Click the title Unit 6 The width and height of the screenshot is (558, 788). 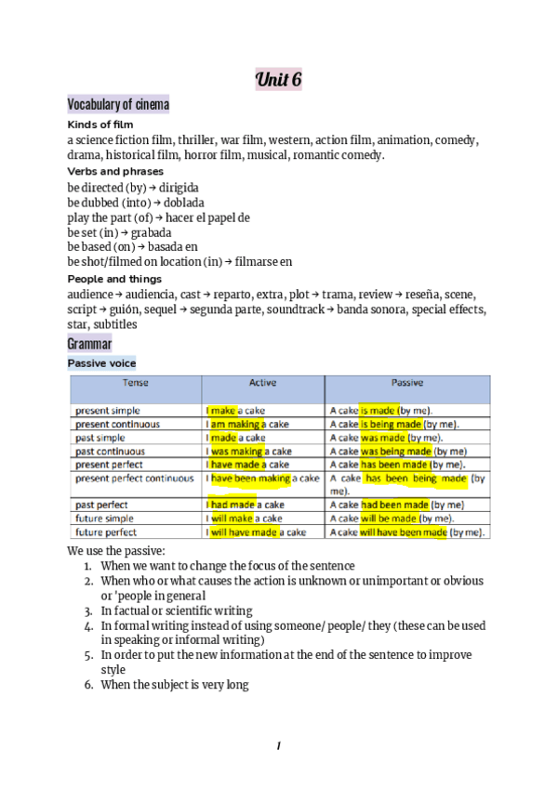point(278,80)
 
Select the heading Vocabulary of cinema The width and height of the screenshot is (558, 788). point(118,105)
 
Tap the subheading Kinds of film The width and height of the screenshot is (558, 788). point(100,125)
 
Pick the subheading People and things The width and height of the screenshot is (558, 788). point(114,279)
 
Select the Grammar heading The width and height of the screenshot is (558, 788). point(89,344)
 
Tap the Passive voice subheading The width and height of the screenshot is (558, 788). point(101,363)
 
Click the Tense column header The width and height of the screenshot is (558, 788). point(136,383)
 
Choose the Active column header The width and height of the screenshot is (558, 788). point(262,383)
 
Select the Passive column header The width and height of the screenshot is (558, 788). point(407,383)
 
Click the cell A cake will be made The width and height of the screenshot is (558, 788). point(392,519)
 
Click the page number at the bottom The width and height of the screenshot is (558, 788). point(278,745)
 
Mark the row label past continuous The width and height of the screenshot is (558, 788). point(112,451)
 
